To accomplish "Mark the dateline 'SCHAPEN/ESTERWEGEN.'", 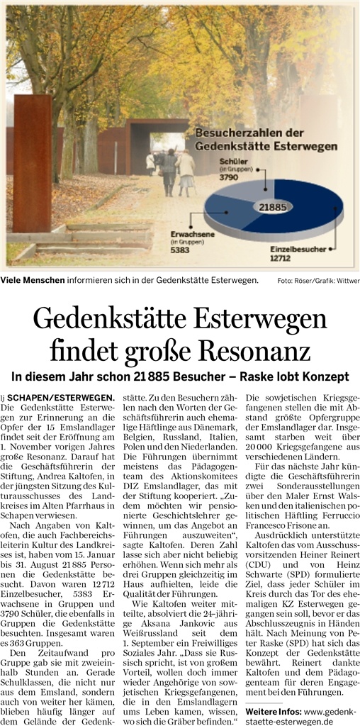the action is pyautogui.click(x=64, y=398).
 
